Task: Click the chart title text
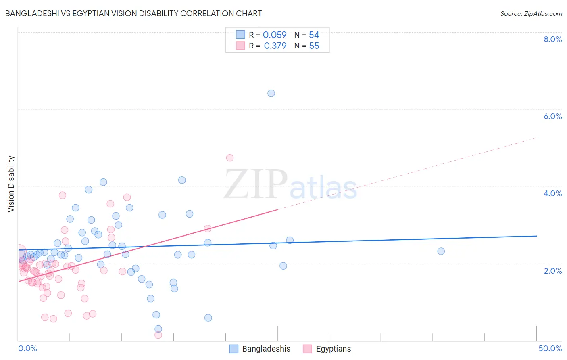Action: tap(133, 13)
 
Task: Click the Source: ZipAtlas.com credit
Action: tap(531, 13)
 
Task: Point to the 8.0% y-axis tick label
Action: tap(552, 39)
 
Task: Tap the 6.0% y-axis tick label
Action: tap(552, 116)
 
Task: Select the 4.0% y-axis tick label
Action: tap(552, 193)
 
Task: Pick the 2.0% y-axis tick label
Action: tap(552, 271)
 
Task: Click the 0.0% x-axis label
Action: tap(27, 348)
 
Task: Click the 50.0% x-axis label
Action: tap(550, 348)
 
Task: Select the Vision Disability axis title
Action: tap(11, 184)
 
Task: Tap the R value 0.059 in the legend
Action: tap(275, 35)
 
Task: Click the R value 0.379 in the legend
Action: tap(275, 46)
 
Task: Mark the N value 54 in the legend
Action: tap(314, 35)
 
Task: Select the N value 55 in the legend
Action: tap(314, 46)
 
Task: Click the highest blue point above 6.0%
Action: tap(271, 93)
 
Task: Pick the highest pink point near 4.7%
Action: tap(230, 158)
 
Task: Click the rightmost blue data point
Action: tap(441, 251)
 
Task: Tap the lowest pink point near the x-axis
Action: tap(158, 335)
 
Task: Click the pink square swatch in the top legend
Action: tap(240, 46)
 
